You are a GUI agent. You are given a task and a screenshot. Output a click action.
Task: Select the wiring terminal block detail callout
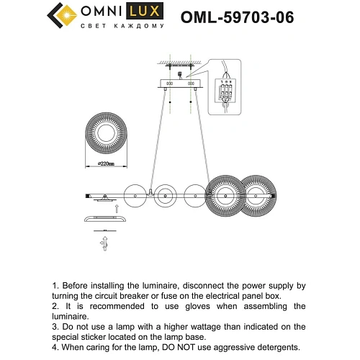click(x=226, y=88)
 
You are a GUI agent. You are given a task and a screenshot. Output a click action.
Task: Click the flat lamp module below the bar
click(x=107, y=220)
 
